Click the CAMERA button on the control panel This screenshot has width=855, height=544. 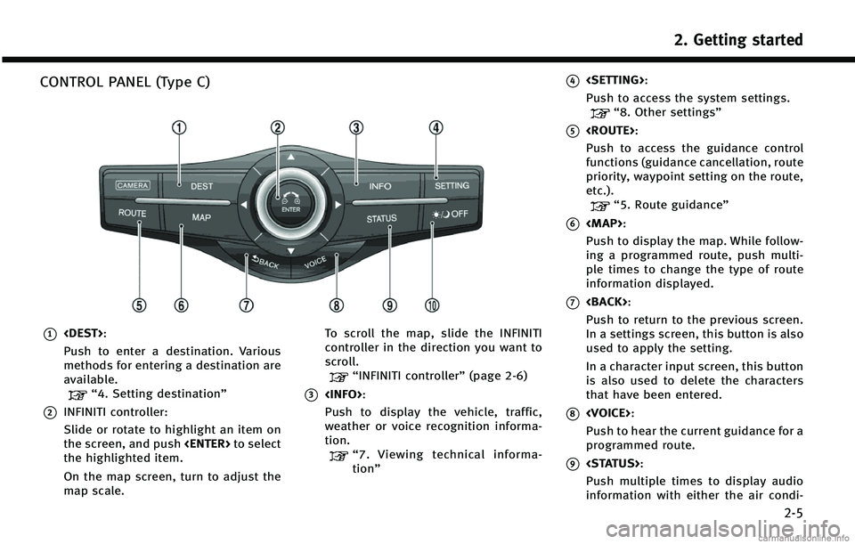pyautogui.click(x=133, y=185)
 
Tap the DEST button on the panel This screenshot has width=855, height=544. pyautogui.click(x=201, y=186)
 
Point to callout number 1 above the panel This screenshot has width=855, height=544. pyautogui.click(x=181, y=127)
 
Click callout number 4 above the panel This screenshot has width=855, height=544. pyautogui.click(x=436, y=127)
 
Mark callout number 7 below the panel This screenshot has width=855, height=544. pyautogui.click(x=245, y=305)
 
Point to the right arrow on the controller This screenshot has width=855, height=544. pyautogui.click(x=338, y=204)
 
